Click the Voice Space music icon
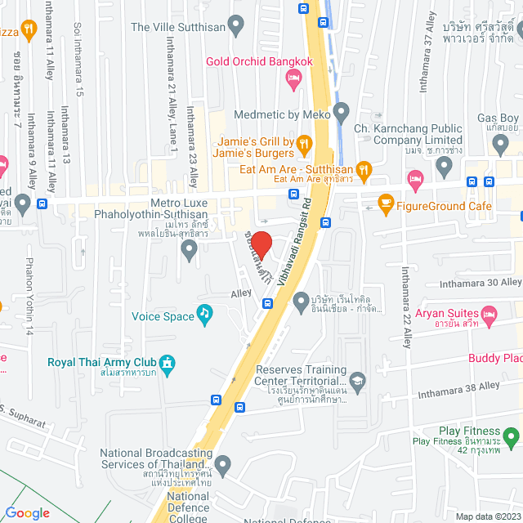(x=204, y=314)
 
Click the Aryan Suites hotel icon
(x=489, y=314)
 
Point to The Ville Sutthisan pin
(x=236, y=26)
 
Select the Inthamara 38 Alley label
(x=458, y=387)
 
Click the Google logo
(x=27, y=512)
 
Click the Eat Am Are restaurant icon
(x=364, y=170)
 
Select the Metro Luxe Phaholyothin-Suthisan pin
(x=190, y=250)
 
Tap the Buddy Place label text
(x=495, y=358)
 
